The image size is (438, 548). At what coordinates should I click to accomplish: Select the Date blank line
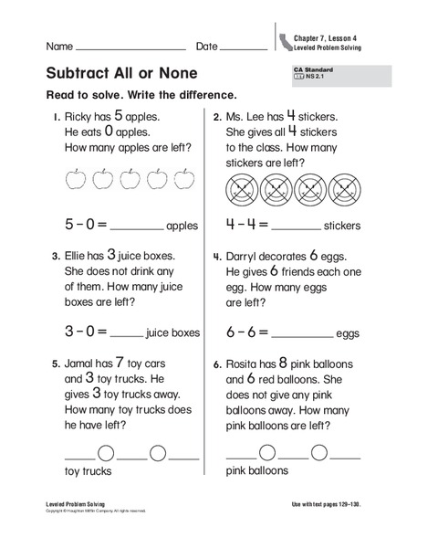pos(244,47)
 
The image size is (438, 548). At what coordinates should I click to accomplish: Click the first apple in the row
pos(75,179)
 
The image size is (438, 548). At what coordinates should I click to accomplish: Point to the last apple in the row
pos(185,179)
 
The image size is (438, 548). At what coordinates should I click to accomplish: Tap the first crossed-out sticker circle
pos(240,190)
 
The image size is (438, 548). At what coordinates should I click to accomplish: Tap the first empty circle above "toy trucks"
pos(106,451)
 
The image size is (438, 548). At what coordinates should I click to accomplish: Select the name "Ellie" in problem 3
pos(78,258)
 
